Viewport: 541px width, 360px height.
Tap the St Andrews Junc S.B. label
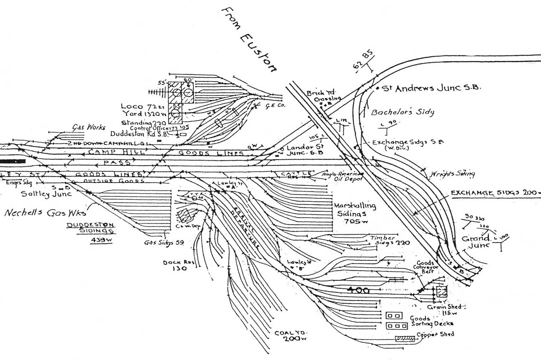(x=431, y=89)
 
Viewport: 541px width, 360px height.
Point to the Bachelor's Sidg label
(x=403, y=111)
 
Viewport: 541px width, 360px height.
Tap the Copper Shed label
(x=435, y=334)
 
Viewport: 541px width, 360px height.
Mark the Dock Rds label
(x=174, y=265)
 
